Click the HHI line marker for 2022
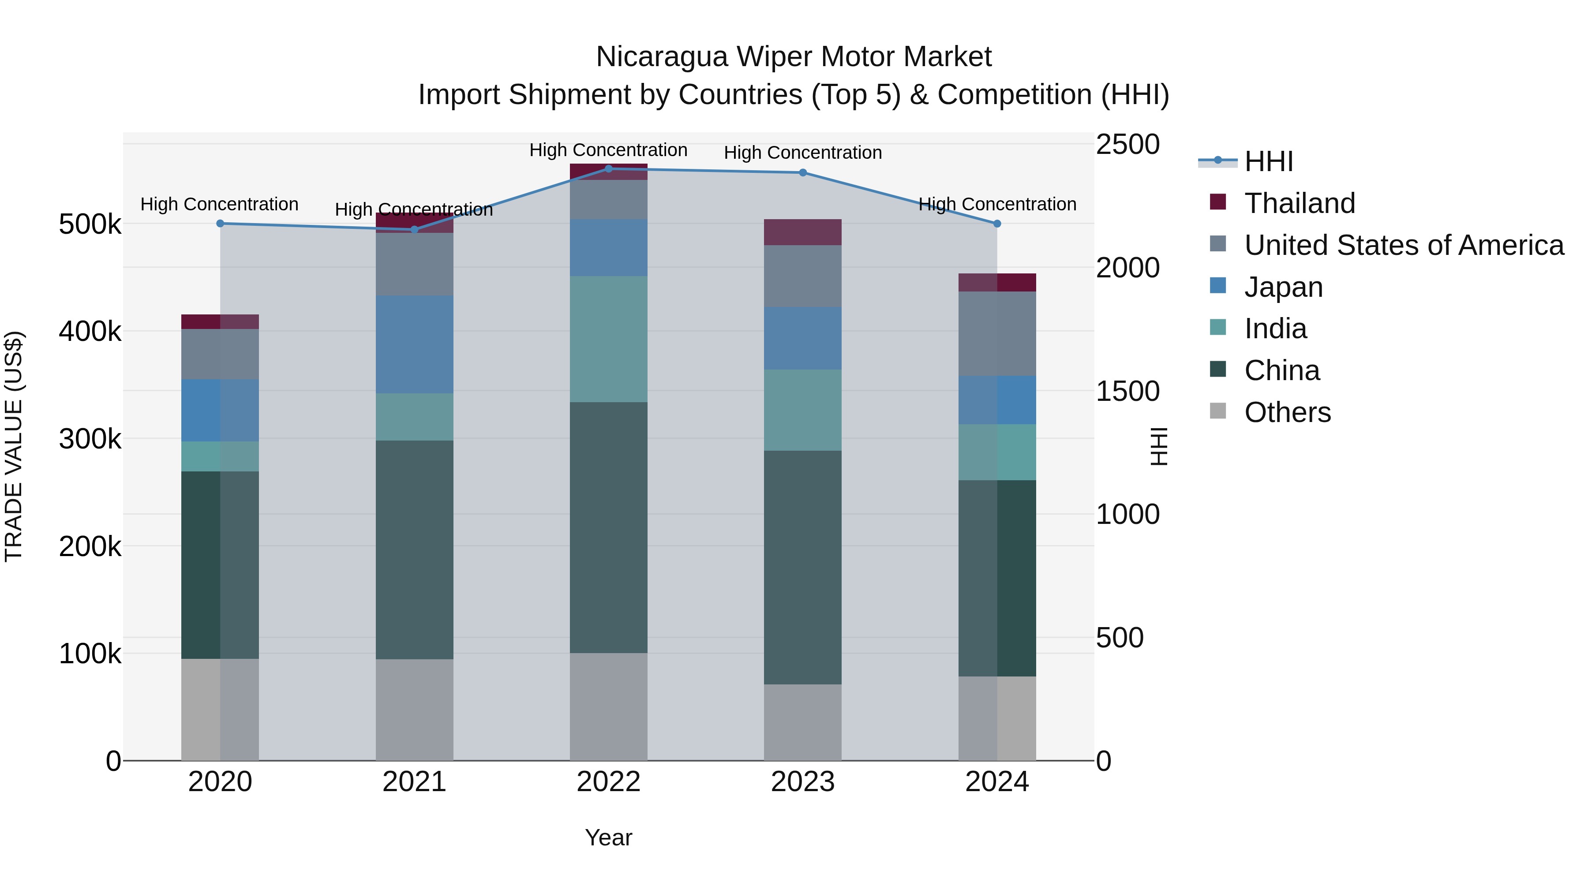(608, 169)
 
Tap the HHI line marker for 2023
(803, 172)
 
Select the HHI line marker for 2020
(220, 224)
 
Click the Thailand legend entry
(1299, 203)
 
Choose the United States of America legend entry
(1403, 245)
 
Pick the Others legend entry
(1287, 412)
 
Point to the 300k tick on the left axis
(90, 439)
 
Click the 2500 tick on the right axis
(1127, 145)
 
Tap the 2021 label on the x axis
(414, 782)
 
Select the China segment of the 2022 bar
(608, 527)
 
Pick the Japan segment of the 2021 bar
(414, 344)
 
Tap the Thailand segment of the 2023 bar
(803, 232)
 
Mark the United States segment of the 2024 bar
(997, 333)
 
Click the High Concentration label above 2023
(803, 153)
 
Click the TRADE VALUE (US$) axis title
(14, 446)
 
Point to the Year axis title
(608, 837)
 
